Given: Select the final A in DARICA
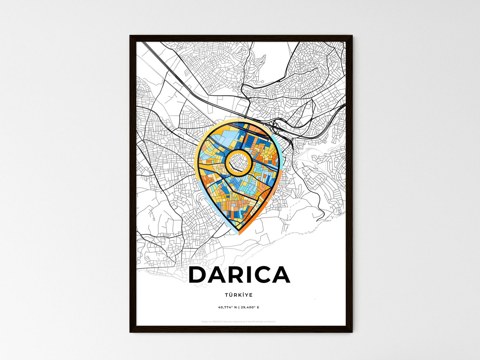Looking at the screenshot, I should coord(280,275).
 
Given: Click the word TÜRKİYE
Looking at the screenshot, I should coord(239,295).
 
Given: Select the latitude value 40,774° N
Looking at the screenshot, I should coord(228,307).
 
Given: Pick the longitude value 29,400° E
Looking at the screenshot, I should coord(250,307).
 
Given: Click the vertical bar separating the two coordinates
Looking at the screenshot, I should coord(239,307).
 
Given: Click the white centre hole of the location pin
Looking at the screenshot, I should coord(238,162).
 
